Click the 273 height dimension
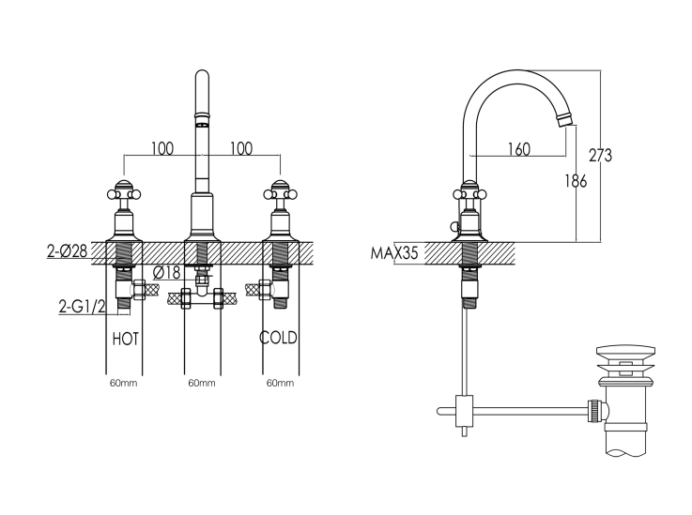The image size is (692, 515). pos(600,155)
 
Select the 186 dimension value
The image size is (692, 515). pos(576,181)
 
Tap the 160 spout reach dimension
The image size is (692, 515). pos(519,149)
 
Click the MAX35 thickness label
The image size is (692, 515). pos(394,253)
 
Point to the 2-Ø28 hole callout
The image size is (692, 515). pos(67,251)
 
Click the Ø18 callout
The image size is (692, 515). pos(167,273)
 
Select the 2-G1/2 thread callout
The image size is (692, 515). pos(83,306)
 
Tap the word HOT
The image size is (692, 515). pos(126,339)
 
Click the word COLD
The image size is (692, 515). pos(278,338)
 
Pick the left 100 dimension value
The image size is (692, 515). pos(162,148)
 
